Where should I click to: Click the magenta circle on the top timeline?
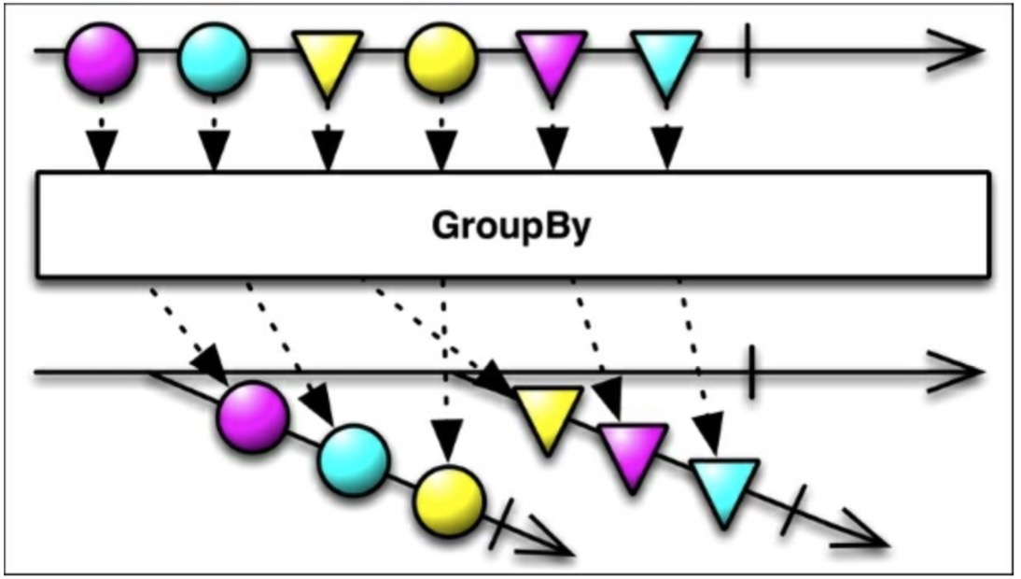click(x=101, y=58)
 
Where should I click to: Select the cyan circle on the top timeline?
click(x=214, y=58)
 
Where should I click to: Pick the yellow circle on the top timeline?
click(x=441, y=58)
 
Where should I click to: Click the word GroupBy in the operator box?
click(x=511, y=227)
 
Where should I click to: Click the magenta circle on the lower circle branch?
click(x=252, y=417)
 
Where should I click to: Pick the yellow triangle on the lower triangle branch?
click(x=549, y=416)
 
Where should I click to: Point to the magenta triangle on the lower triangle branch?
click(x=633, y=452)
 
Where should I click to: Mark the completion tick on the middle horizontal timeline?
click(x=752, y=371)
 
